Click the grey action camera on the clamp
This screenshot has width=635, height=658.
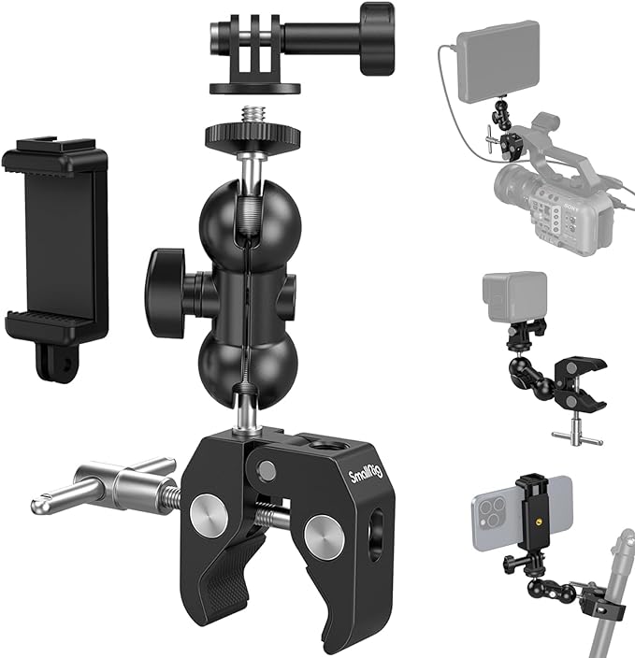point(514,298)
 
